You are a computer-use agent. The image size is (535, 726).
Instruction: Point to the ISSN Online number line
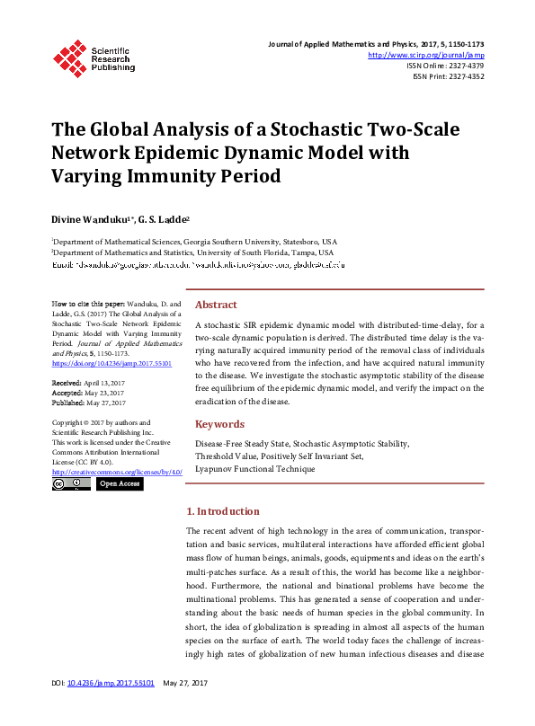[x=445, y=66]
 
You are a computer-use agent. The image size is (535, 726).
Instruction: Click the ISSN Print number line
[x=448, y=76]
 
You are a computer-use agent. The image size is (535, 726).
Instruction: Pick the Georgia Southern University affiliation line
[x=195, y=242]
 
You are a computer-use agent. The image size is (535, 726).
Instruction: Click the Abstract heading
[x=216, y=305]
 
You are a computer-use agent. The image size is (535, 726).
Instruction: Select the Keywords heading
[x=219, y=424]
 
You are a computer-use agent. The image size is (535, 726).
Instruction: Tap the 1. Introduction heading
[x=222, y=511]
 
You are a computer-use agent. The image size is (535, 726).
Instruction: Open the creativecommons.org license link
[x=117, y=472]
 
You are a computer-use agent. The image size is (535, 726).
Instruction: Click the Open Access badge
[x=119, y=483]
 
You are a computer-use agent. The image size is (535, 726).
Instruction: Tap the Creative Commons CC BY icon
[x=71, y=483]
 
